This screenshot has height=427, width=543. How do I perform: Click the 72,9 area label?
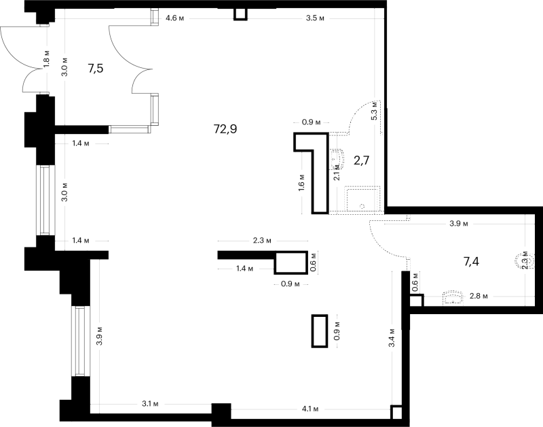click(225, 129)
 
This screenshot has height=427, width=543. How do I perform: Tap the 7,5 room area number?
click(95, 69)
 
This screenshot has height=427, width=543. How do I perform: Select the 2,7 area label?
click(361, 160)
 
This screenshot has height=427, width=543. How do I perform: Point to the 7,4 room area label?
click(471, 262)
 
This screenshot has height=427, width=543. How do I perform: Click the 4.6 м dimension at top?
click(174, 18)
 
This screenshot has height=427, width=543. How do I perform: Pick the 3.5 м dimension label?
click(315, 18)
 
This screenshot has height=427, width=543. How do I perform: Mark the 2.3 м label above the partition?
click(262, 241)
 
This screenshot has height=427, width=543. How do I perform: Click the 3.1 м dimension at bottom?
click(150, 404)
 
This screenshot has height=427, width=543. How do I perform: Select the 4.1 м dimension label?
click(310, 409)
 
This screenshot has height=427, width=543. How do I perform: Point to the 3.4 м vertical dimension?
click(392, 338)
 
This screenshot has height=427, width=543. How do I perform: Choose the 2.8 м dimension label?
click(479, 296)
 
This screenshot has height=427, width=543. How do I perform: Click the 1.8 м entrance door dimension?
click(47, 58)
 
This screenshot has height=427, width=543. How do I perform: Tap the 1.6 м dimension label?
click(301, 182)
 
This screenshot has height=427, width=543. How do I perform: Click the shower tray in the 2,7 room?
click(362, 199)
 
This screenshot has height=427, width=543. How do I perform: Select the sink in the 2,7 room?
click(337, 159)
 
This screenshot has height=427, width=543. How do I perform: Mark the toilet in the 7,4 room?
click(521, 261)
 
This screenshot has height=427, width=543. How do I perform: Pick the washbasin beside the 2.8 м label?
click(453, 298)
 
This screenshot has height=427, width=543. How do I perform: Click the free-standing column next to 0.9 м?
click(320, 330)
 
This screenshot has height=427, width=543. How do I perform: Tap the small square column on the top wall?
click(240, 14)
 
